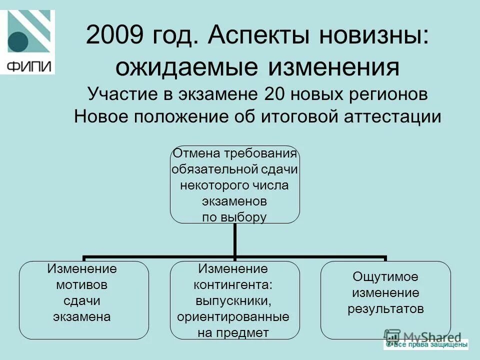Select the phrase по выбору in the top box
point(234,217)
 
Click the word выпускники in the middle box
point(234,301)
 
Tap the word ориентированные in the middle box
point(234,317)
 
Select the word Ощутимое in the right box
point(385,276)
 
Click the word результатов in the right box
point(385,308)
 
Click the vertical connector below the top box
point(234,240)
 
